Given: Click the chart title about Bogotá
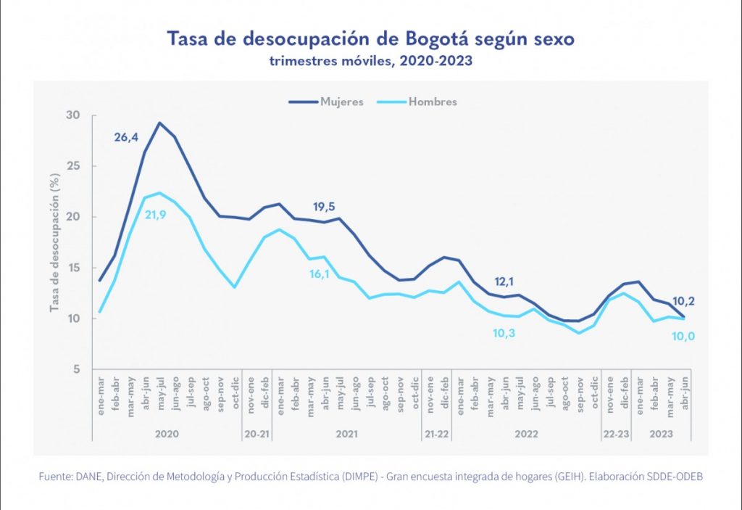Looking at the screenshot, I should click(370, 38).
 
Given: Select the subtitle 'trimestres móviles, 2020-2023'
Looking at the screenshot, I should click(370, 61).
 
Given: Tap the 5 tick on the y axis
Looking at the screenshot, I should click(75, 369).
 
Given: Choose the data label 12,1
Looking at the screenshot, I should click(505, 281).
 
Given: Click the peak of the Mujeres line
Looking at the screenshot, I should click(159, 123).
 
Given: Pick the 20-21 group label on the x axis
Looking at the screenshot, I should click(257, 432).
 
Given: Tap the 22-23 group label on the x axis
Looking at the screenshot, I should click(617, 432).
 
